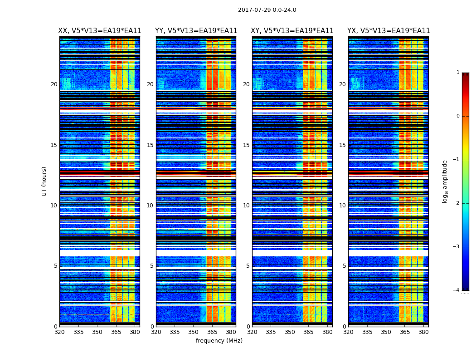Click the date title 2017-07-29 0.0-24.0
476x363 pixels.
[267, 10]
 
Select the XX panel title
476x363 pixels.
[100, 31]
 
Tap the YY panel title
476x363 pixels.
[196, 31]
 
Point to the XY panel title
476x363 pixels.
[292, 31]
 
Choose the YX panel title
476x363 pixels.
[389, 31]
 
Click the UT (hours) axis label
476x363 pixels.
[44, 181]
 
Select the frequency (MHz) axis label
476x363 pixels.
[219, 341]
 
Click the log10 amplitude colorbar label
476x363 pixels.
[445, 181]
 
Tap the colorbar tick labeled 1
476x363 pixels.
[458, 73]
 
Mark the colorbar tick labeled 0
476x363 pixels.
[458, 116]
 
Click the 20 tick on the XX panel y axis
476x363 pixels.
[54, 84]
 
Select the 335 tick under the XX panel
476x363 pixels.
[78, 332]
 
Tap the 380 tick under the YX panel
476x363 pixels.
[423, 332]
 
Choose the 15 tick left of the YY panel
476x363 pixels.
[150, 145]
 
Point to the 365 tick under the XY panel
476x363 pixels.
[308, 332]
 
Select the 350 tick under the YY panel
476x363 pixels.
[194, 332]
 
